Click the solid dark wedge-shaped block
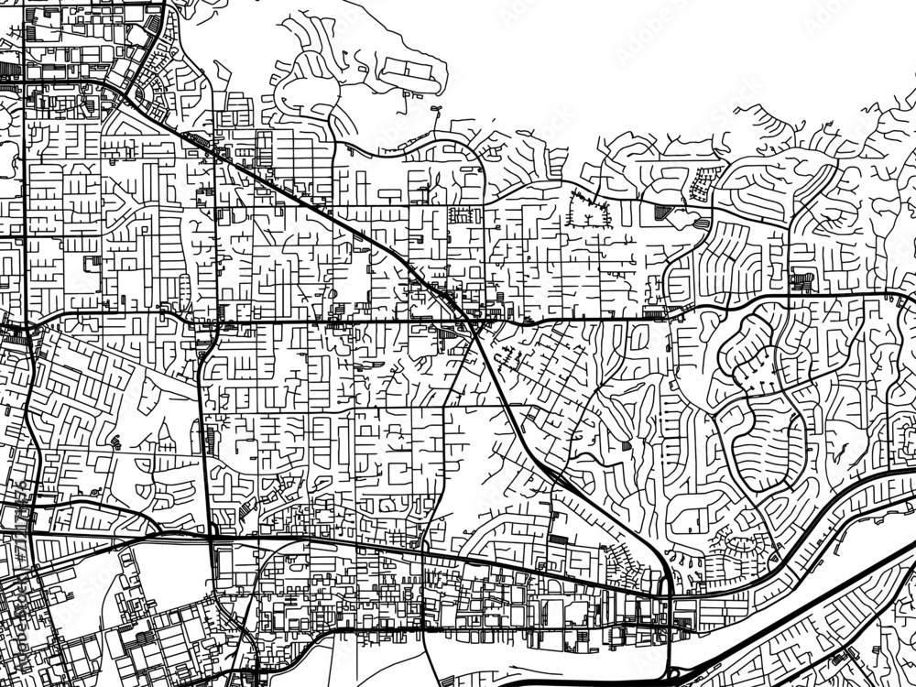pyautogui.click(x=662, y=212)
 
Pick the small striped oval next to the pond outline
pyautogui.click(x=703, y=223)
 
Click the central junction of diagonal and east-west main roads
pyautogui.click(x=472, y=321)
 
